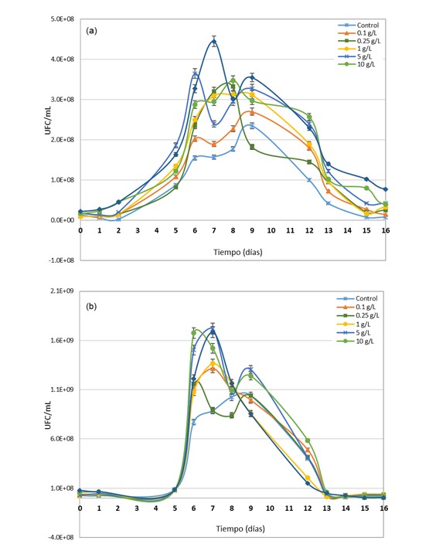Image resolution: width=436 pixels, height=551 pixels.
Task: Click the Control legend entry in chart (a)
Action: pos(358,26)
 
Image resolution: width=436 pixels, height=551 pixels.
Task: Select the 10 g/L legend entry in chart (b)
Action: pos(356,342)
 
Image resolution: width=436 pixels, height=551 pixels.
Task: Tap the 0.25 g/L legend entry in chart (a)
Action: pos(359,41)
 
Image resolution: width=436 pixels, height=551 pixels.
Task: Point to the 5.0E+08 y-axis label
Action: pos(63,19)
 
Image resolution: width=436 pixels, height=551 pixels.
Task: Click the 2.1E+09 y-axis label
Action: pos(63,291)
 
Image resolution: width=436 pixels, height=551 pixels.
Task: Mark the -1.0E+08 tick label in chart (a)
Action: pos(61,260)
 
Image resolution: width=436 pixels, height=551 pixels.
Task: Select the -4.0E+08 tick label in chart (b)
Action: pos(61,537)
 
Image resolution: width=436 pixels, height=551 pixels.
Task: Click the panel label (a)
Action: pos(91,31)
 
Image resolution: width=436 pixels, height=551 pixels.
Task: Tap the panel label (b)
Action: pos(91,307)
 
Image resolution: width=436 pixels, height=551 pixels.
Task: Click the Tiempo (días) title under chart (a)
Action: pos(238,252)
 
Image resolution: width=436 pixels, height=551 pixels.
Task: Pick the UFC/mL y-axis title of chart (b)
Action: pos(48,415)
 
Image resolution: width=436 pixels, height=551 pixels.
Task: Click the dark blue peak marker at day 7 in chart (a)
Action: pos(214,42)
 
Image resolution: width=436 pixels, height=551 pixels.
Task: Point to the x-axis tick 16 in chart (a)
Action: pos(386,230)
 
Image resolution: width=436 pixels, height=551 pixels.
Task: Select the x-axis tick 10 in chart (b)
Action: pos(270,508)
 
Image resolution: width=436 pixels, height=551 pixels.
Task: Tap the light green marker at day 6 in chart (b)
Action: pos(194,332)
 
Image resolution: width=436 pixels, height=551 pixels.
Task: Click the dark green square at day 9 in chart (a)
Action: pos(252,147)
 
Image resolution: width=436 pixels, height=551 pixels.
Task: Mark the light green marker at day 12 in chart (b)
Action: pos(308,440)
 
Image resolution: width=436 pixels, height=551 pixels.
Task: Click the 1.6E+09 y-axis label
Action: pos(63,340)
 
